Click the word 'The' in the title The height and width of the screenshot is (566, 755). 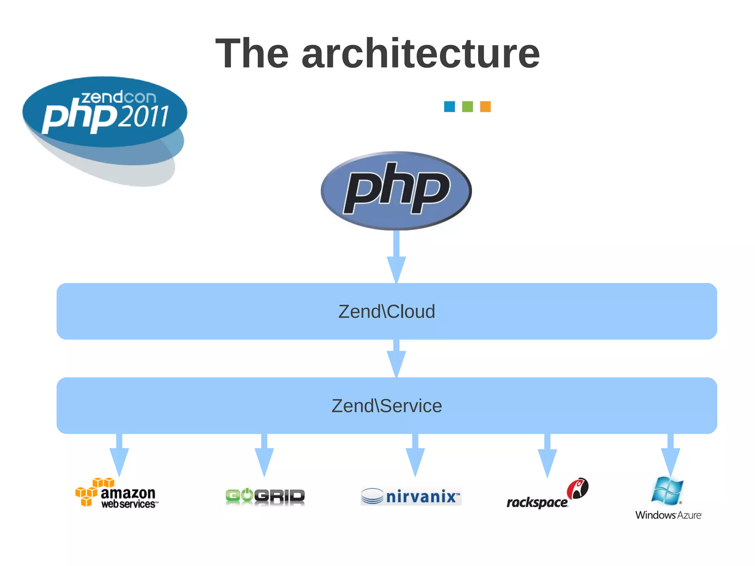(252, 54)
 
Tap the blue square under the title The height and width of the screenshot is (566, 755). (449, 106)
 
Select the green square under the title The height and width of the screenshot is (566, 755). (467, 106)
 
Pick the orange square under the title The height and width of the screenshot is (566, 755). (485, 106)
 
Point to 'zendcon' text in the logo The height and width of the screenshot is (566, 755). (119, 97)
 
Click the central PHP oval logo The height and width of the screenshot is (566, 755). (396, 190)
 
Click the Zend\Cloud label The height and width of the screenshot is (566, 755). (387, 311)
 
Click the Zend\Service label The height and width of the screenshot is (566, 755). (387, 406)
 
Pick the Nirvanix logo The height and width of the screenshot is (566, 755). (411, 496)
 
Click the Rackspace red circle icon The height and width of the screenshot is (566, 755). (577, 489)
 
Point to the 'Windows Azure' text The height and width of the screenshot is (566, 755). (668, 515)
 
